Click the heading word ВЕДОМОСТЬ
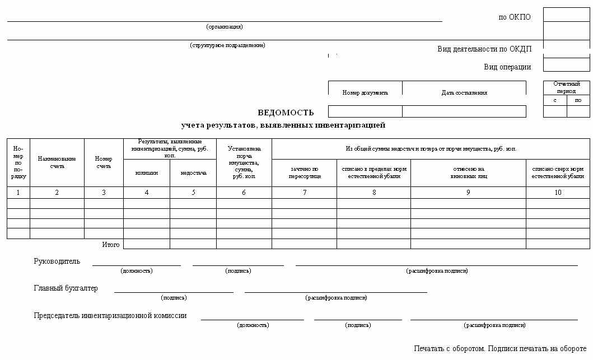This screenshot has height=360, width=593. click(x=286, y=112)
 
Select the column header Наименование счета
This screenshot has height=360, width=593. click(x=57, y=162)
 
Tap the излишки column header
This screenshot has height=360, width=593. click(x=147, y=173)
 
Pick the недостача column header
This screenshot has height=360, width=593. click(x=193, y=173)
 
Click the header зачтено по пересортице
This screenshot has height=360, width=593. click(x=304, y=172)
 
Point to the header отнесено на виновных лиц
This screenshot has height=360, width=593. click(x=468, y=172)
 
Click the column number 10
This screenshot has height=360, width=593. click(x=558, y=193)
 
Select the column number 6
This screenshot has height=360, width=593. click(x=244, y=193)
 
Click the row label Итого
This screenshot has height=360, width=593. click(x=110, y=245)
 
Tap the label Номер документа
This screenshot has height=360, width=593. click(x=365, y=93)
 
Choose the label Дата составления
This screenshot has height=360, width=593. click(x=464, y=93)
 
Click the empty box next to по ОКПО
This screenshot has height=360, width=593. click(x=566, y=15)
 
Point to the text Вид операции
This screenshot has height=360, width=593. click(x=507, y=67)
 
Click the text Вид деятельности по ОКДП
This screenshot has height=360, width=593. click(x=484, y=49)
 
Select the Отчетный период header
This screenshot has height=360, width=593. click(x=566, y=87)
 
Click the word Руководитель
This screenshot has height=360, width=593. click(x=57, y=261)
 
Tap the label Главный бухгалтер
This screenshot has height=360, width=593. click(x=66, y=288)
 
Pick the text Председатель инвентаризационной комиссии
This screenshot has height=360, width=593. click(x=110, y=316)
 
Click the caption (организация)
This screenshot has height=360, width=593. click(x=225, y=26)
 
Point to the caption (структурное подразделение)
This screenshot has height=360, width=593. click(x=227, y=45)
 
